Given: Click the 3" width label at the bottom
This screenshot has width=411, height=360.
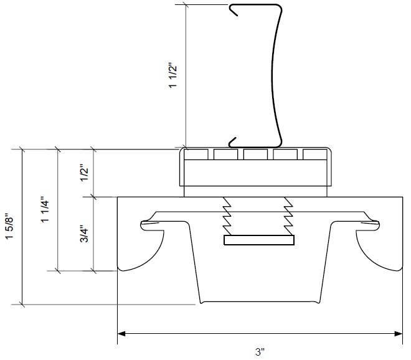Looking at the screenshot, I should tap(260, 353).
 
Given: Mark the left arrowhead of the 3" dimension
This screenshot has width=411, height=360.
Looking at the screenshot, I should tap(122, 334).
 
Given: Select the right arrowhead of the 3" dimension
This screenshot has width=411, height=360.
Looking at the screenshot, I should tap(398, 334).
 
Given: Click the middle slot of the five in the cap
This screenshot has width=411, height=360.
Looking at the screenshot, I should tap(255, 154).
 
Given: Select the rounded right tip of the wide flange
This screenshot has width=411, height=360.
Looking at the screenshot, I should tap(374, 219).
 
